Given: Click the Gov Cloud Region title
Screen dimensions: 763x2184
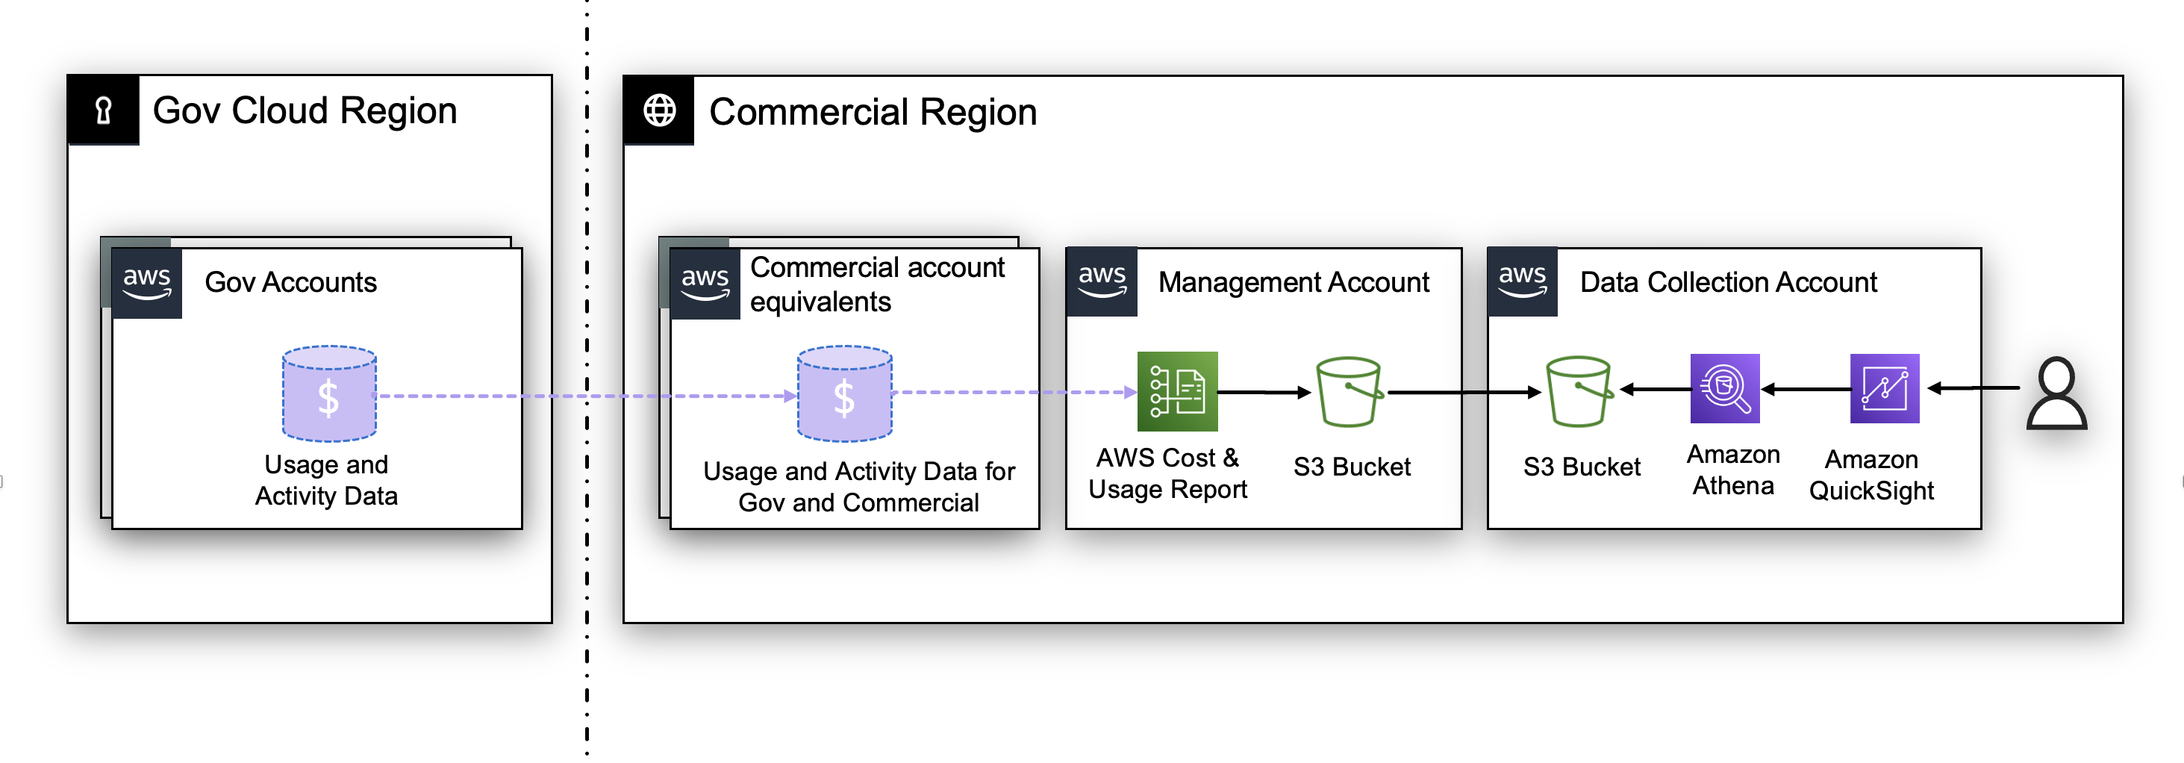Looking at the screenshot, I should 305,110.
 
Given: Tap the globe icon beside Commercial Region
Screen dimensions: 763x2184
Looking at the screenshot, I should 659,110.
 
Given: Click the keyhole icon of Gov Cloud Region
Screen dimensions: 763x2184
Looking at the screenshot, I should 104,110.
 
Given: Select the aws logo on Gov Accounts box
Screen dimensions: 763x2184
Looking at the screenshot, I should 147,283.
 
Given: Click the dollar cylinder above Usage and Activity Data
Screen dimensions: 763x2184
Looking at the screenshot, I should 329,393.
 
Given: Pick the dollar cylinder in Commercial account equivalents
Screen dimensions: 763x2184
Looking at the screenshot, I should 843,393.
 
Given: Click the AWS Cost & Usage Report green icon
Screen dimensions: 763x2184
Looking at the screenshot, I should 1177,392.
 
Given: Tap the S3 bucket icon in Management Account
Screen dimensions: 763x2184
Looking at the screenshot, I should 1348,392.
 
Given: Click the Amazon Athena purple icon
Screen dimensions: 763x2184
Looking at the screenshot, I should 1724,388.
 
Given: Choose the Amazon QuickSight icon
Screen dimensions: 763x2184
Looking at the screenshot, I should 1884,388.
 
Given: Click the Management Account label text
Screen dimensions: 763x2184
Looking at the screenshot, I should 1293,282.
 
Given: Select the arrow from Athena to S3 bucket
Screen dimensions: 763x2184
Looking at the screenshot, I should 1654,389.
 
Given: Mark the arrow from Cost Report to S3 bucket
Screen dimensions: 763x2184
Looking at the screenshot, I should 1263,392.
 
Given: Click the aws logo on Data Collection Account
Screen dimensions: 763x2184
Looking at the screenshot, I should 1522,281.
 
